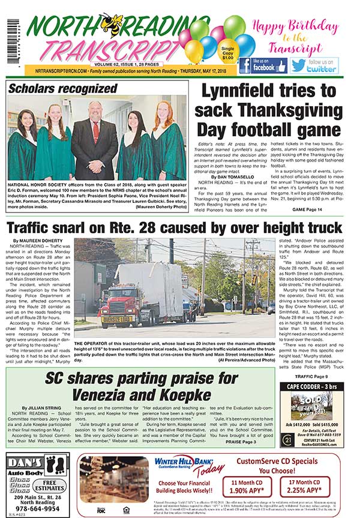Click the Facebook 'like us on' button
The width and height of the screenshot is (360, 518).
click(x=262, y=65)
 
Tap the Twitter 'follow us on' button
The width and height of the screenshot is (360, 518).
click(x=314, y=65)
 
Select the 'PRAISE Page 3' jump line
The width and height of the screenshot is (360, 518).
click(x=240, y=442)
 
